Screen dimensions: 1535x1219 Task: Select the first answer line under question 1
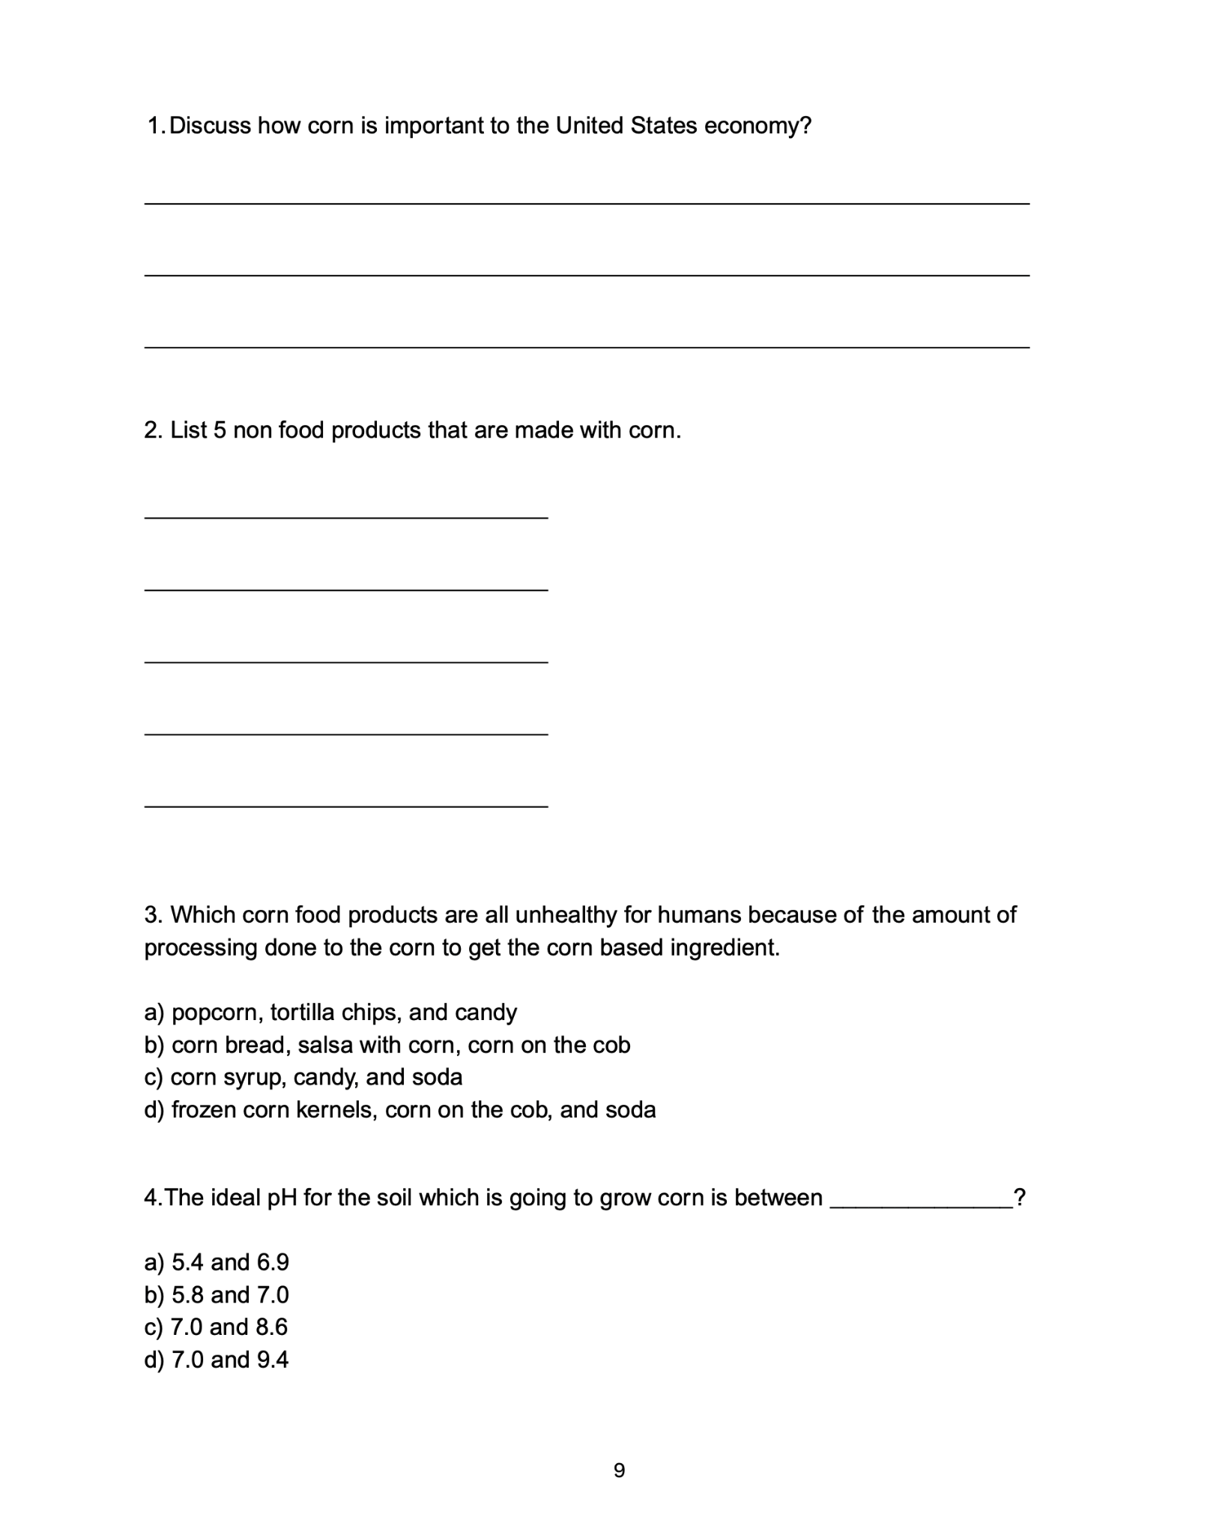point(586,203)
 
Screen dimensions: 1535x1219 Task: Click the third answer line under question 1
point(586,347)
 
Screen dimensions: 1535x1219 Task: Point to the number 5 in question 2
point(220,430)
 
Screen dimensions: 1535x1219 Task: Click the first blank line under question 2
point(345,517)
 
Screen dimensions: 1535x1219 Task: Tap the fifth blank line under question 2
point(345,806)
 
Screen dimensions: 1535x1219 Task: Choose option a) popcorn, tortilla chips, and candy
point(330,1013)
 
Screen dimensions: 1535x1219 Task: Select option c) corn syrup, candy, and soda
point(303,1077)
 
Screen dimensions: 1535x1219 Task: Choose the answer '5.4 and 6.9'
point(217,1262)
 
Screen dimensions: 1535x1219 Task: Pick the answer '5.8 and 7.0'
point(217,1294)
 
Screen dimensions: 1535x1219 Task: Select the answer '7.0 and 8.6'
point(216,1327)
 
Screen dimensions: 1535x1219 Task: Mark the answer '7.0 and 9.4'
point(217,1359)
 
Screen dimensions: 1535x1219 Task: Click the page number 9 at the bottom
point(619,1471)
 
